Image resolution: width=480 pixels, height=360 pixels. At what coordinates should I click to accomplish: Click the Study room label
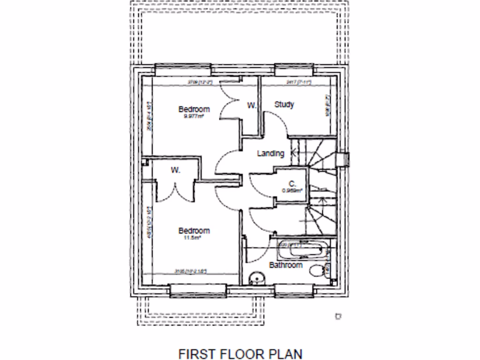[284, 105]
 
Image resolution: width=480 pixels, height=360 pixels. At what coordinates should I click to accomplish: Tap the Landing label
[270, 153]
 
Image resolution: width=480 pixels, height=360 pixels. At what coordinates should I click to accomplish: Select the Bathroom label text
[285, 265]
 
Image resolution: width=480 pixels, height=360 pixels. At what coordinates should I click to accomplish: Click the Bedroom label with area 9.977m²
[194, 109]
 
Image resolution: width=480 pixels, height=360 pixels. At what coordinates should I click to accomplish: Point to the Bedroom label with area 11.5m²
[194, 231]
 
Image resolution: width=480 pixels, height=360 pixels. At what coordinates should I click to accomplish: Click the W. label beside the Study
[252, 106]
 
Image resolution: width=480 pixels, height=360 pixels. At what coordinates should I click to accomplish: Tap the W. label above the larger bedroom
[175, 170]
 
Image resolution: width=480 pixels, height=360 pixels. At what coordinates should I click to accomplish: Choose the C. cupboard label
[292, 184]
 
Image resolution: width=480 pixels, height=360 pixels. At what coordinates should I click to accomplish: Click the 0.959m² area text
[292, 190]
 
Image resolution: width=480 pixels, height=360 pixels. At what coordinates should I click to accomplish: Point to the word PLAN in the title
[285, 353]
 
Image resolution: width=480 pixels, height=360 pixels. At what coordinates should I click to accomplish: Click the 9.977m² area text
[196, 116]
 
